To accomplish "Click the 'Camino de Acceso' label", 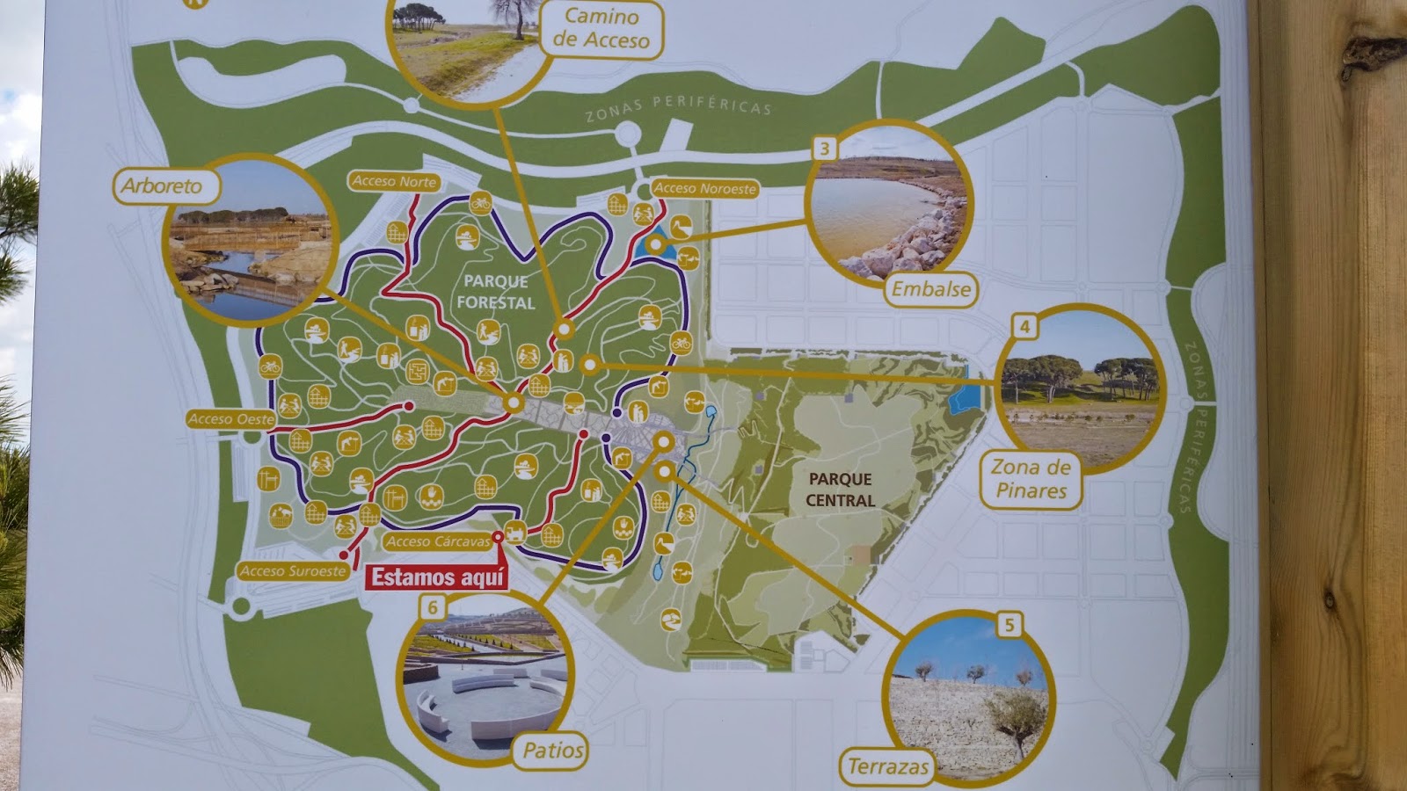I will [x=601, y=29].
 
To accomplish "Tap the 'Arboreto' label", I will [x=162, y=186].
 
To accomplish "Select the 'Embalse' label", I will [x=931, y=289].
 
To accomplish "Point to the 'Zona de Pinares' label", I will [x=1031, y=479].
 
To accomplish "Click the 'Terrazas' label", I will [x=888, y=766].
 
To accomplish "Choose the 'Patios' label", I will [x=552, y=750].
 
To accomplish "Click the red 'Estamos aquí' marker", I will [x=437, y=577].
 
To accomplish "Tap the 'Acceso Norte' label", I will [x=394, y=181].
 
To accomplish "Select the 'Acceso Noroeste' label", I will [x=704, y=188].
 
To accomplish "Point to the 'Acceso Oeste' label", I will [x=231, y=419].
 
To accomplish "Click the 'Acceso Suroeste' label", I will [x=293, y=570].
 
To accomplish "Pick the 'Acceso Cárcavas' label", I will [x=437, y=541].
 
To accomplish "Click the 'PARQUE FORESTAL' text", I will [x=496, y=292].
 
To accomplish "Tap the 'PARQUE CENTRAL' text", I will [x=841, y=490].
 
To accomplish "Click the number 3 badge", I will [x=824, y=149].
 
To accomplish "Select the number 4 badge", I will [x=1024, y=327].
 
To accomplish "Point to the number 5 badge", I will [x=1009, y=625].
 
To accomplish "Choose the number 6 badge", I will [x=432, y=606].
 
